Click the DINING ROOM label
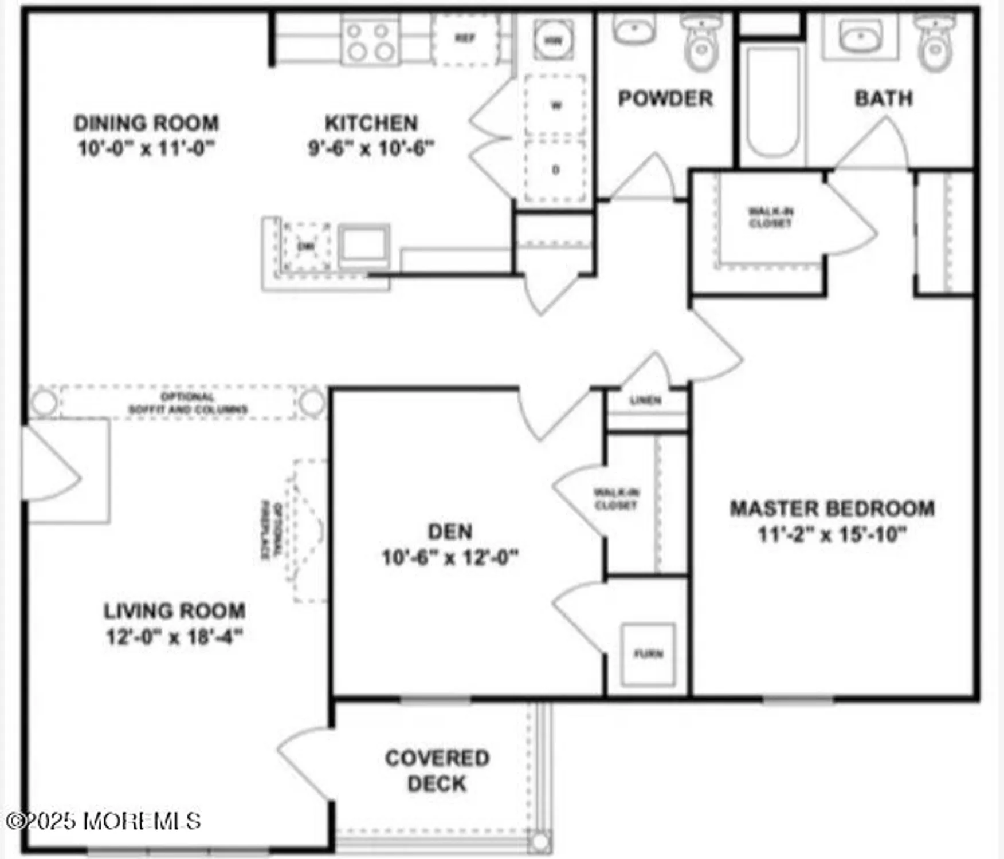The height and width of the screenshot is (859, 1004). click(x=146, y=123)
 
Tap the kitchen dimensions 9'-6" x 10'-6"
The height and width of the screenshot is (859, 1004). click(x=371, y=148)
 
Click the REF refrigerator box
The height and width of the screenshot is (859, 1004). click(x=465, y=38)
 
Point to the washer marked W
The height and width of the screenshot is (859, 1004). click(x=555, y=105)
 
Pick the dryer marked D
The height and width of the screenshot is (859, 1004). click(x=555, y=170)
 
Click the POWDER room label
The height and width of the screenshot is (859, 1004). click(x=665, y=98)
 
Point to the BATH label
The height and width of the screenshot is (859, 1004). click(x=883, y=98)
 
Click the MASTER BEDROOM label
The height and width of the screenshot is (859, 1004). click(x=832, y=509)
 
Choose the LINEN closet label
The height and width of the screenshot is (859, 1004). click(x=646, y=400)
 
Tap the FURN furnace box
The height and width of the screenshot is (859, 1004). click(x=648, y=654)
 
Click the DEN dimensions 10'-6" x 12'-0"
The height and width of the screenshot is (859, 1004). click(x=450, y=557)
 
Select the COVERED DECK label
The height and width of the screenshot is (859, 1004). click(x=437, y=770)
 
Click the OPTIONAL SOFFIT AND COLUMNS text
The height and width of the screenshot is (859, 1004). click(x=187, y=403)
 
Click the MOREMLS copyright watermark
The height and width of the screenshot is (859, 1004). click(x=103, y=821)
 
